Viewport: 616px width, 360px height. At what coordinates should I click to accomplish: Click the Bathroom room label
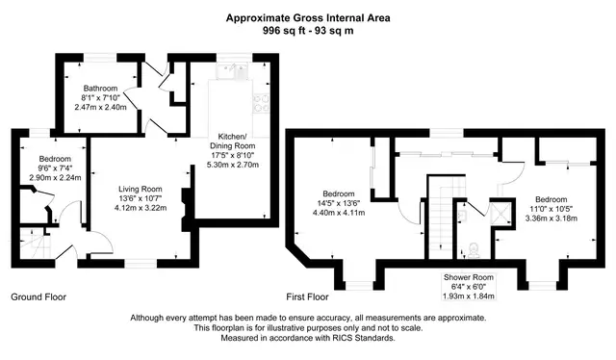(100, 89)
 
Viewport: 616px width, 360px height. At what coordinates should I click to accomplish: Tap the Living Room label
(141, 189)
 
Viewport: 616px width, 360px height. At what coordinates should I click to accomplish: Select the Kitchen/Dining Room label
(233, 141)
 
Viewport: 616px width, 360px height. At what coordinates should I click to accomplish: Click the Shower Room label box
(469, 287)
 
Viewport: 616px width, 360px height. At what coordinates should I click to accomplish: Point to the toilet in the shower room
(473, 250)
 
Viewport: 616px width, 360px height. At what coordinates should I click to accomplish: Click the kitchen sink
(232, 72)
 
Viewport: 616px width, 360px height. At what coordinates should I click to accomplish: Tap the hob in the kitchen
(261, 102)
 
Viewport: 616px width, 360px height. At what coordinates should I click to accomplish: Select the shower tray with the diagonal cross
(501, 213)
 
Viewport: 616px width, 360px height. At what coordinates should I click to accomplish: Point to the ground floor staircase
(37, 243)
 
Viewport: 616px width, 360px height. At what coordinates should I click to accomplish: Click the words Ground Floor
(38, 296)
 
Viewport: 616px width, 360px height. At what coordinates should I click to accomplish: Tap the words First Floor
(307, 296)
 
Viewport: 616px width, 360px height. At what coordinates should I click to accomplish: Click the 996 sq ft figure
(282, 30)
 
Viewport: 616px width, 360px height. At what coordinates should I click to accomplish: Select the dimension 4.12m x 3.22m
(141, 208)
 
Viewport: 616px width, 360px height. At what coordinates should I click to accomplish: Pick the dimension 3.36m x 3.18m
(552, 218)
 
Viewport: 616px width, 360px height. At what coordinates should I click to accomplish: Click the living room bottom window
(141, 264)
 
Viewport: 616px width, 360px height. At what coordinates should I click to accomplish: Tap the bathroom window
(100, 58)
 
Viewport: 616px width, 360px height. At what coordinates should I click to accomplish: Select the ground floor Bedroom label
(55, 159)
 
